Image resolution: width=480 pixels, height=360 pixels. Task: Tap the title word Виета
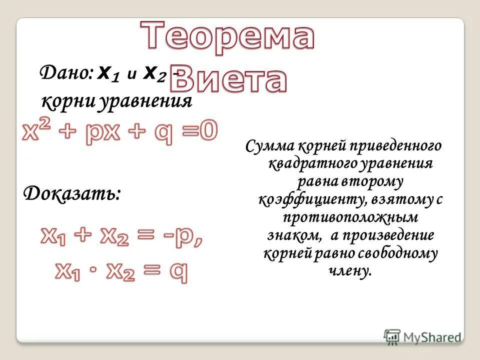[x=232, y=80]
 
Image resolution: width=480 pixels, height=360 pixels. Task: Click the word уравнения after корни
[x=145, y=101]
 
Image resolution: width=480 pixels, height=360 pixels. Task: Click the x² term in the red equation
[x=37, y=133]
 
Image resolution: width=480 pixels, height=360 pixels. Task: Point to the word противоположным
[x=349, y=218]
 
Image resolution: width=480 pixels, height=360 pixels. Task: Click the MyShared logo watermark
[x=422, y=336]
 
